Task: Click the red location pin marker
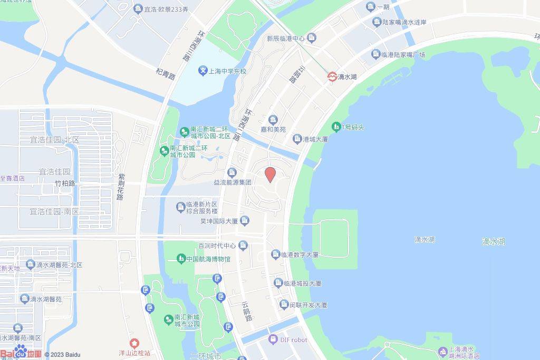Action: coord(270,174)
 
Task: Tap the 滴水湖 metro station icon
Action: coord(332,76)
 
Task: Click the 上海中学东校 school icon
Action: coord(203,71)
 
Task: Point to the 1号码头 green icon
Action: coord(336,127)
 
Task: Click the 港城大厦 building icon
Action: coord(297,139)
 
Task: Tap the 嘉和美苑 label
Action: coord(273,129)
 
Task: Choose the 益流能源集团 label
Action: coord(232,182)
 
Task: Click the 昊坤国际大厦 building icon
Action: coord(245,221)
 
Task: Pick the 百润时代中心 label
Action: coord(217,246)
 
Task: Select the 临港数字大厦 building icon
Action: coord(276,255)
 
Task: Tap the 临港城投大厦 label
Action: coord(302,284)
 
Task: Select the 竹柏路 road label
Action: coord(65,183)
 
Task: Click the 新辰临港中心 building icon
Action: coord(311,38)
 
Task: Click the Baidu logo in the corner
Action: coord(21,352)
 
